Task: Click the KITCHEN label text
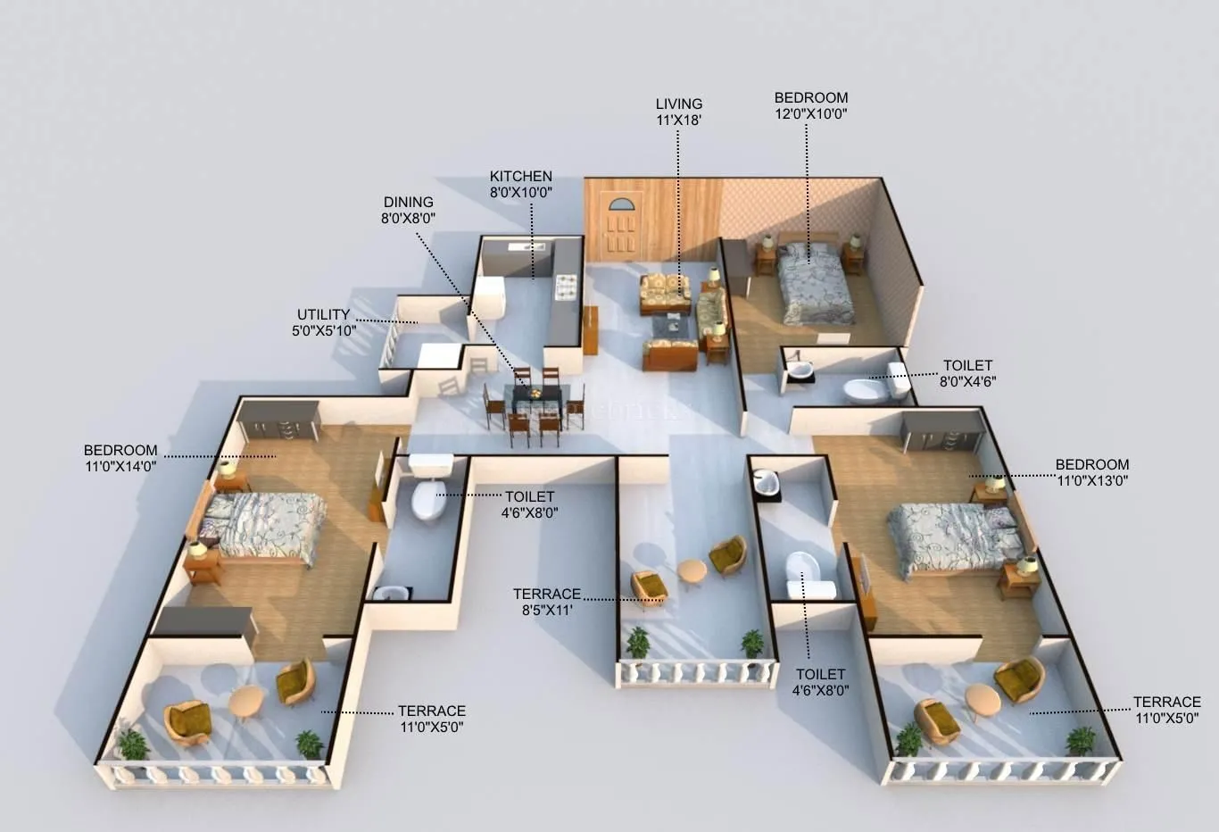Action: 520,176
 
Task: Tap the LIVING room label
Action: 678,104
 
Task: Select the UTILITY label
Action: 323,314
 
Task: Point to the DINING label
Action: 409,202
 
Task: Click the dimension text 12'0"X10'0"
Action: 810,113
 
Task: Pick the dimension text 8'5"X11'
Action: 547,611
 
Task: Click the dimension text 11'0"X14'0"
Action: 120,466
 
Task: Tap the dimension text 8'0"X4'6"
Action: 967,381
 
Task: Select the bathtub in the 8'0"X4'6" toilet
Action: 866,390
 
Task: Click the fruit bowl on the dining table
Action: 533,393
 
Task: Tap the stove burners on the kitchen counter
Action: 567,287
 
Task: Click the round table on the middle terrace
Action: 692,570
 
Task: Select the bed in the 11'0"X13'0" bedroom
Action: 952,537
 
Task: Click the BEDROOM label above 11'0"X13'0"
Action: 1092,464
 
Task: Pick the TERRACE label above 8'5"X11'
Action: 547,594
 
